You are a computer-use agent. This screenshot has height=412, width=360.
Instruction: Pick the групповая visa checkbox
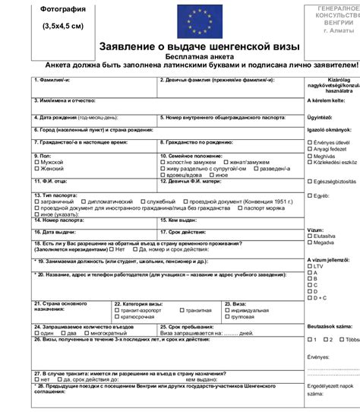click(228, 317)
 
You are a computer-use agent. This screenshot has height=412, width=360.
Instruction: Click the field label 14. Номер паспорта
click(61, 220)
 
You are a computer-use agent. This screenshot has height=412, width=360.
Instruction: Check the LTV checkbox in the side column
click(310, 267)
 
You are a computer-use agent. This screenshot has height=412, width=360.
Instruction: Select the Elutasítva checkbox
click(310, 236)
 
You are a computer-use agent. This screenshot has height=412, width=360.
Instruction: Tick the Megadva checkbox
click(310, 243)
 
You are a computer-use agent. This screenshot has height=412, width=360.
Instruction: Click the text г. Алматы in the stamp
click(336, 32)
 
